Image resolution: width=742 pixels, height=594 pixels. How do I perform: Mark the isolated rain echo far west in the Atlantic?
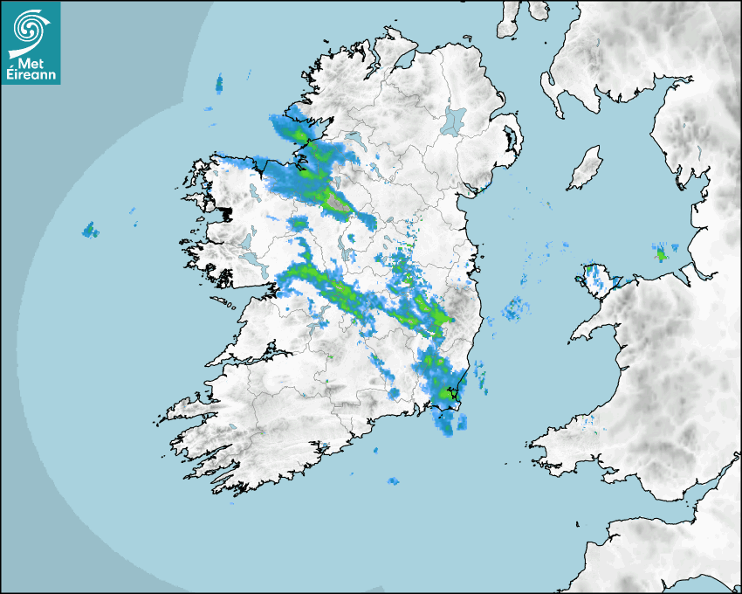(x=88, y=230)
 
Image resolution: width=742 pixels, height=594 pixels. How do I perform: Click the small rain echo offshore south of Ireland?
(x=393, y=481)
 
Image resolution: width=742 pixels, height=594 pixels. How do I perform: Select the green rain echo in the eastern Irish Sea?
(x=661, y=254)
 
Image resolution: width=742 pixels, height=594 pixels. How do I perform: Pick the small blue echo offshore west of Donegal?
(x=218, y=84)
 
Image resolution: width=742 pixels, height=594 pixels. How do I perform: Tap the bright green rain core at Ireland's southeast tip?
(x=449, y=394)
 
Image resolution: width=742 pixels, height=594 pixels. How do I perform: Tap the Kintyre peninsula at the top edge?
(x=509, y=17)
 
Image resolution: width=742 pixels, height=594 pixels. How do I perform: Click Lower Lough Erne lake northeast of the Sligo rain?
(x=354, y=138)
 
